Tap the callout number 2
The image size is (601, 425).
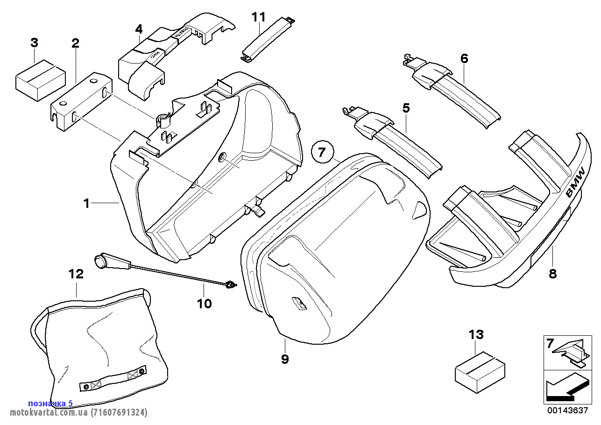click(75, 43)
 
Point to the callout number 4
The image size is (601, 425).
click(139, 29)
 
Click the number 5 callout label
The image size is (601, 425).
click(406, 108)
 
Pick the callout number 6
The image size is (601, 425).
click(464, 59)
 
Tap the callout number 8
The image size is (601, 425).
click(552, 274)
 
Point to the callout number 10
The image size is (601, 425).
click(204, 304)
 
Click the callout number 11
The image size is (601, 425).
click(258, 17)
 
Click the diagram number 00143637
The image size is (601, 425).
click(567, 411)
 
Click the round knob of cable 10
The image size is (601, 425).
click(99, 262)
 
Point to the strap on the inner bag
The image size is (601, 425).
click(112, 379)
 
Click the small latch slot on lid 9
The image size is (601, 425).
click(298, 303)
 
